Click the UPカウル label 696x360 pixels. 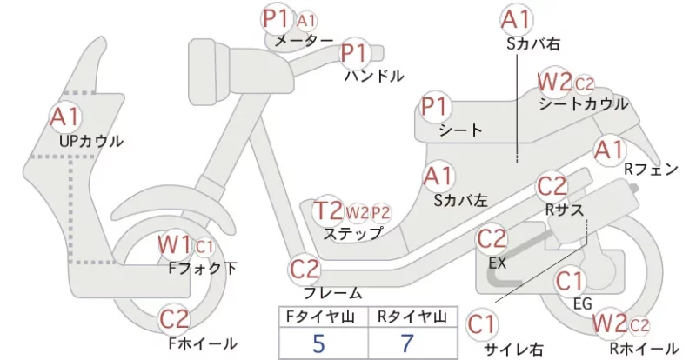click(91, 142)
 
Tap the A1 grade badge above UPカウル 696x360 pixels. click(64, 117)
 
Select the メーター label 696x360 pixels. click(304, 41)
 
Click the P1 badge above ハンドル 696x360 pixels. click(355, 53)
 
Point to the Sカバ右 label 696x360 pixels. click(533, 43)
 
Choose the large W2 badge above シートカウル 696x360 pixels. click(554, 82)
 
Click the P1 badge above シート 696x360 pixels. click(436, 107)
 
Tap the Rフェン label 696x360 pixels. click(651, 169)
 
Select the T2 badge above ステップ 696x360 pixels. click(328, 210)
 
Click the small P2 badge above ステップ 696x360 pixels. click(380, 213)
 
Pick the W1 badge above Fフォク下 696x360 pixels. click(175, 244)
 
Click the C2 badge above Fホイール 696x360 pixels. click(174, 319)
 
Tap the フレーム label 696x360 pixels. click(333, 293)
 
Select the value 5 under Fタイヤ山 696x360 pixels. click(318, 343)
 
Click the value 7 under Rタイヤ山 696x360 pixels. click(407, 343)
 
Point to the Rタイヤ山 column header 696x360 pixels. click(412, 317)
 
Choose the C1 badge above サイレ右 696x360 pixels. click(482, 324)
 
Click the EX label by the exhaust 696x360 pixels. click(498, 263)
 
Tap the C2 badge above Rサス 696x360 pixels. click(552, 186)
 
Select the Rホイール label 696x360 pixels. click(644, 348)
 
